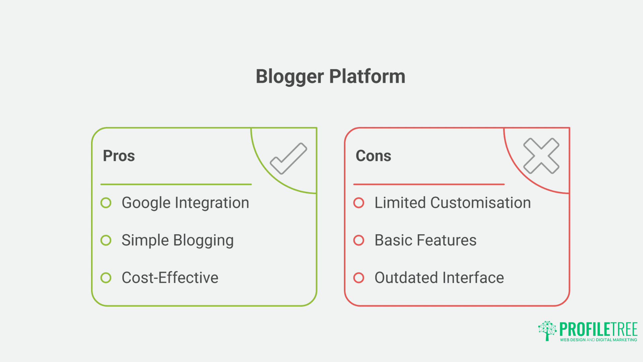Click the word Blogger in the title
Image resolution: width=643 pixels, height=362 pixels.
tap(289, 76)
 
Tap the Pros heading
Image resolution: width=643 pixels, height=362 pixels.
tap(119, 156)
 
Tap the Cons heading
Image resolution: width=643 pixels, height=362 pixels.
tap(373, 156)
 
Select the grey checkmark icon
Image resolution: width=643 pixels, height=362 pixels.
tap(289, 159)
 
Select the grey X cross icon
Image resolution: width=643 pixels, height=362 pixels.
tap(541, 156)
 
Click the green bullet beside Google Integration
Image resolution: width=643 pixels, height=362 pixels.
tap(106, 203)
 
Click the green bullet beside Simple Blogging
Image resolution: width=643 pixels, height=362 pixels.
tap(106, 240)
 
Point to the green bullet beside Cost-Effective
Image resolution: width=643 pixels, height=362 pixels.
tap(106, 278)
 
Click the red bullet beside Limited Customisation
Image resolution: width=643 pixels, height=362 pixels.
tap(359, 203)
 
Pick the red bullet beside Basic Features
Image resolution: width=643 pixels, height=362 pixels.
tap(359, 240)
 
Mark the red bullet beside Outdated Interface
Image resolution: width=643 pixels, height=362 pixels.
tap(359, 278)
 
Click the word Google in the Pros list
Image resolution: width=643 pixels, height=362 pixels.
tap(146, 203)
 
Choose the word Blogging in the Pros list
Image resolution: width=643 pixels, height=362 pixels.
tap(203, 241)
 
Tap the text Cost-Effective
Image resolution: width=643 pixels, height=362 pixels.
tap(170, 278)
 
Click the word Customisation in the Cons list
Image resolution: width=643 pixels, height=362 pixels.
tap(480, 203)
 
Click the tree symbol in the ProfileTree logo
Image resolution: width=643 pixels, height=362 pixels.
tap(547, 330)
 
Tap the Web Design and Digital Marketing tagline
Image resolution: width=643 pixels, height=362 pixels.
tap(598, 340)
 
